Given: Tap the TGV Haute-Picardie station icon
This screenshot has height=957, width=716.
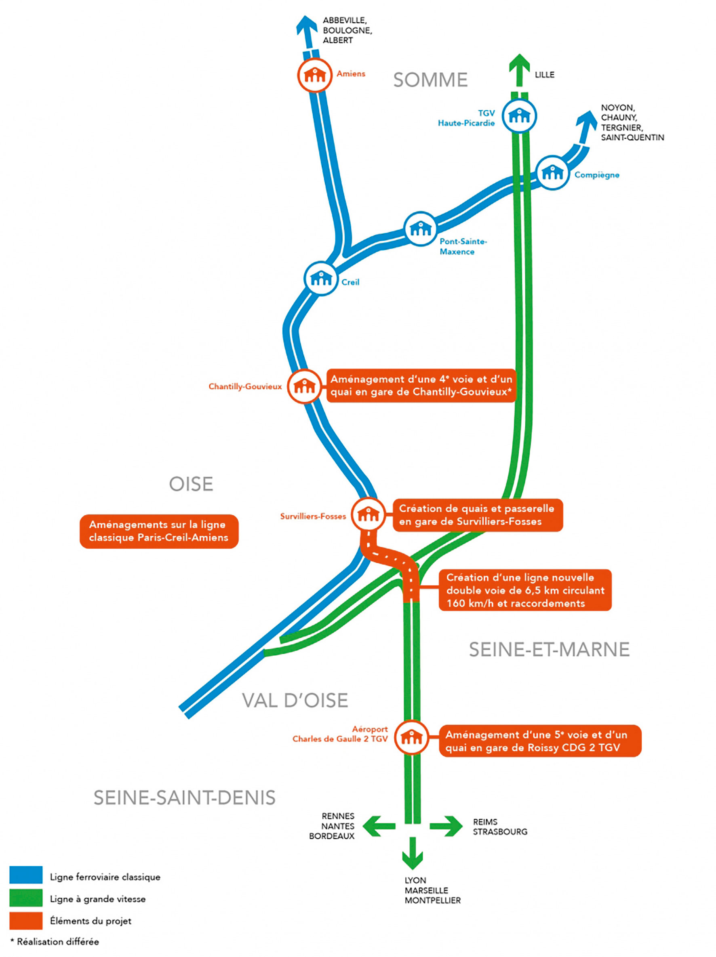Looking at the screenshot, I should (519, 116).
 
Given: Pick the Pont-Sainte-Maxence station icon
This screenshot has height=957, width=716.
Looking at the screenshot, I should (420, 229).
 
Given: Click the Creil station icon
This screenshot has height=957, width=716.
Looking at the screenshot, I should (321, 278).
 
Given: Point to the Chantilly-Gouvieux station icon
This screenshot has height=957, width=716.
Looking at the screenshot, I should (304, 386).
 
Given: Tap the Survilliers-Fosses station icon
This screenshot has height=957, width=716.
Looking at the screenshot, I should (368, 514).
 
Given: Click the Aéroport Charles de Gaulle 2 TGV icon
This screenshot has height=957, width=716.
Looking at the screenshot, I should (411, 737).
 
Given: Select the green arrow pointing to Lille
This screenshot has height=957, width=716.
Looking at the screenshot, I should (519, 69).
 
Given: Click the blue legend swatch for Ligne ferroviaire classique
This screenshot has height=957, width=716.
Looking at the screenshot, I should (26, 874).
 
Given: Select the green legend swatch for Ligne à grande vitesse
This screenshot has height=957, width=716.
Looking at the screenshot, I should (26, 897).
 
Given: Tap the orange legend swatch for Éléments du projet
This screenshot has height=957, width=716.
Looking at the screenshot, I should (26, 920).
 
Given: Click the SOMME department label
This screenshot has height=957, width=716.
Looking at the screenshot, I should (430, 80).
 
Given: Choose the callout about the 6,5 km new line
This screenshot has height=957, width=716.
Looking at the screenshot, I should (524, 590).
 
